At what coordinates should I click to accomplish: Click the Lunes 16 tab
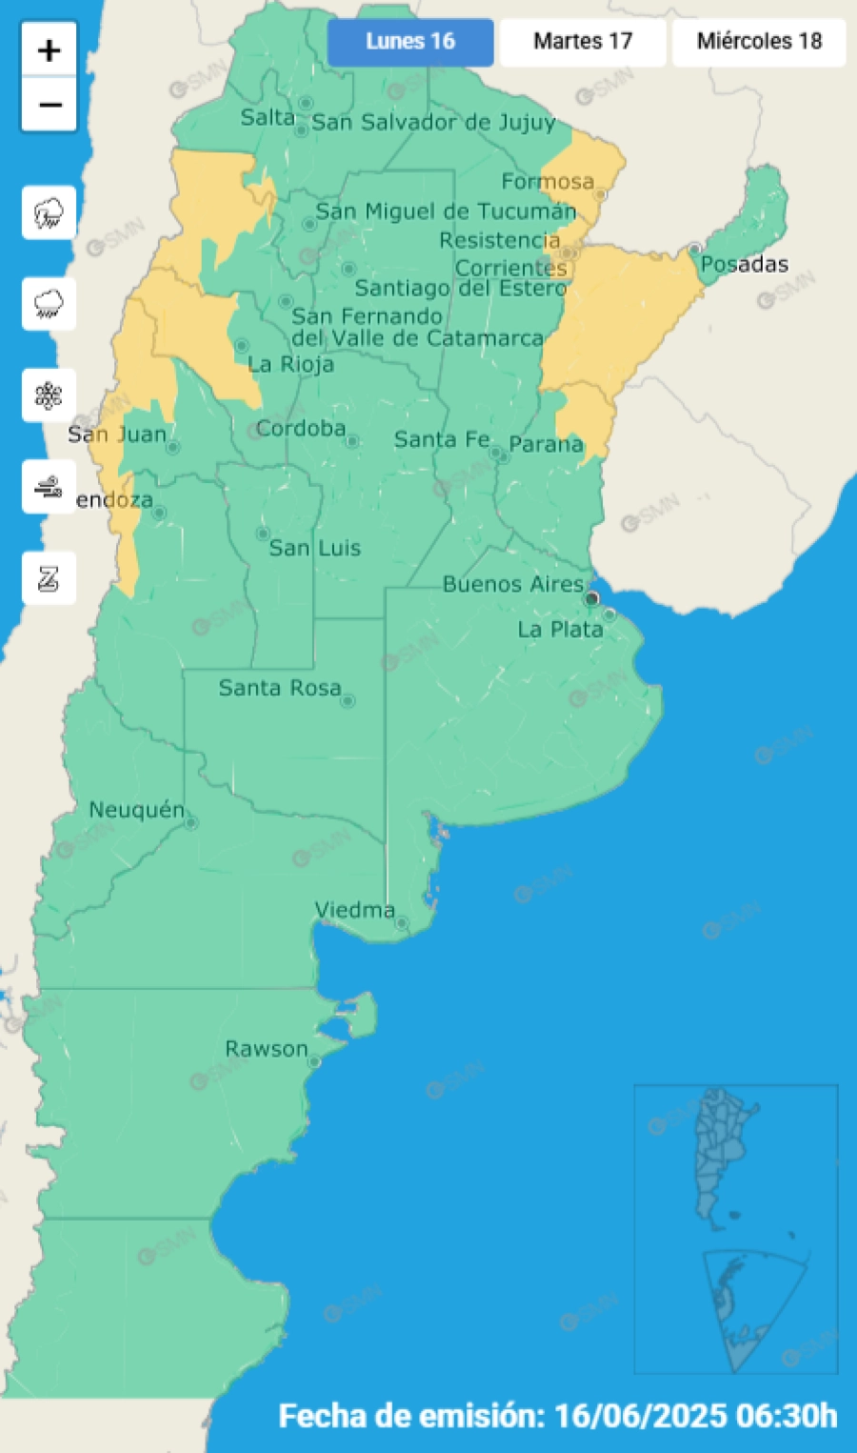click(x=410, y=42)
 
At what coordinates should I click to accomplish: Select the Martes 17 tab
click(x=583, y=42)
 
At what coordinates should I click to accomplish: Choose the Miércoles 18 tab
click(x=759, y=42)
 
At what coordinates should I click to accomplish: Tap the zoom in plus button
click(x=50, y=50)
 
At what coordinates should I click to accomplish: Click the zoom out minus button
click(x=50, y=104)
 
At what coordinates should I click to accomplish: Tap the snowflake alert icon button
click(x=49, y=395)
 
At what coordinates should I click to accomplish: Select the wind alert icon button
click(x=49, y=487)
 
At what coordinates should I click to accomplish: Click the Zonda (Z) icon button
click(x=49, y=578)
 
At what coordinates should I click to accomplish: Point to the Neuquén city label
click(x=136, y=810)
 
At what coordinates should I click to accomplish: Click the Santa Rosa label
click(x=279, y=688)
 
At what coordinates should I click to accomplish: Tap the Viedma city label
click(x=354, y=910)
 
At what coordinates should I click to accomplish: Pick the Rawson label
click(x=267, y=1049)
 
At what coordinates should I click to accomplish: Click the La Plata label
click(x=560, y=630)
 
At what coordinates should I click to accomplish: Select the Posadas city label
click(x=745, y=264)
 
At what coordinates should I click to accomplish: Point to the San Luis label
click(x=314, y=548)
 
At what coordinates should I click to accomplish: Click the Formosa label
click(x=548, y=181)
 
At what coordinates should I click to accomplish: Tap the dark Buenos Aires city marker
click(x=591, y=598)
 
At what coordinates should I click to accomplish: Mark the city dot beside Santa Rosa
click(x=348, y=701)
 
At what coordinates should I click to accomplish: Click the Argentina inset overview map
click(x=735, y=1229)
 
